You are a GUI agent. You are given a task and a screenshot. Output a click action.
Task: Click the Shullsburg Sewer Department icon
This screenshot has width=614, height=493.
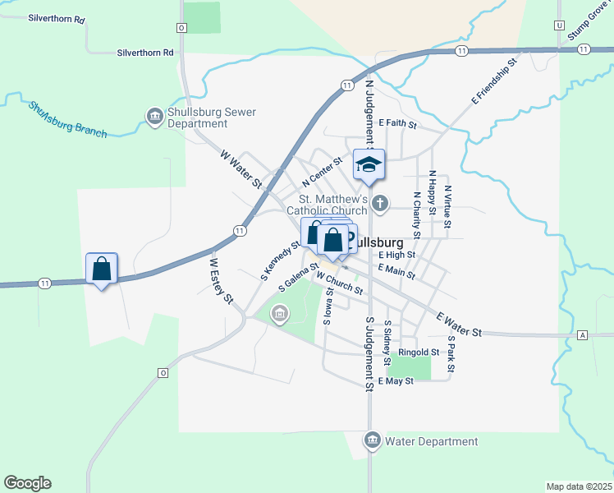point(154,117)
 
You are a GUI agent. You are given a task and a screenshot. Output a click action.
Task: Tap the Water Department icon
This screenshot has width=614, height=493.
point(373,441)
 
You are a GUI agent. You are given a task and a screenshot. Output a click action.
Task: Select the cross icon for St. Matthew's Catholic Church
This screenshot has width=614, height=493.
point(379,202)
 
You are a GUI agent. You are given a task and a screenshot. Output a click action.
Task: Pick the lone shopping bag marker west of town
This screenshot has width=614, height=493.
point(102,269)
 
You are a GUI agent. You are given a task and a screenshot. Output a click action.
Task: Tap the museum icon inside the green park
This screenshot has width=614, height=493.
point(280,313)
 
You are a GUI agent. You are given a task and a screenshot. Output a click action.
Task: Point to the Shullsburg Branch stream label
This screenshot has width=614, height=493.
point(68,118)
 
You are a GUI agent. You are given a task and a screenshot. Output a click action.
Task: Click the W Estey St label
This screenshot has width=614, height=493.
point(220,280)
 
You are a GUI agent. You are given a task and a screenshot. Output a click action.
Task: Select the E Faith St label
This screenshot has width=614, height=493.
point(398,125)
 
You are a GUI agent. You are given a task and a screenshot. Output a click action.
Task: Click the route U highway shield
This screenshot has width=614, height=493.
point(560,25)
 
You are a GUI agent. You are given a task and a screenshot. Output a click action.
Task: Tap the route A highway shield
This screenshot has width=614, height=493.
point(583,335)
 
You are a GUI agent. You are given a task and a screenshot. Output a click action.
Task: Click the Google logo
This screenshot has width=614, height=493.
point(27,483)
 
